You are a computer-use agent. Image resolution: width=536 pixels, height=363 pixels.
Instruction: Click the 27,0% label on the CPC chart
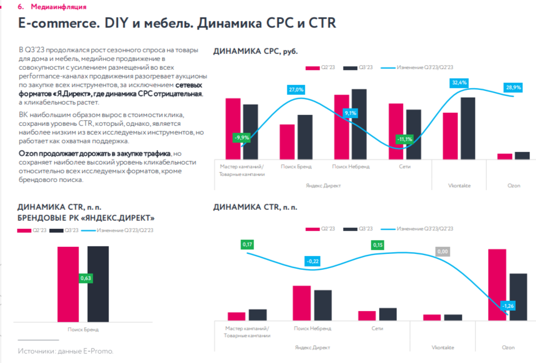(296, 89)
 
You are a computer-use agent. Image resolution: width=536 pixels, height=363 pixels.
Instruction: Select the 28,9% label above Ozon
(513, 87)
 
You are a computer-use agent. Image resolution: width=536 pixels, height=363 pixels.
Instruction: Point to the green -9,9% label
(241, 138)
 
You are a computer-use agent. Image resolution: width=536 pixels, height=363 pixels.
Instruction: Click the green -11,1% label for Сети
(405, 139)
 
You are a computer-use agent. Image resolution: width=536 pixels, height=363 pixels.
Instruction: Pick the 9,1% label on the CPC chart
(350, 113)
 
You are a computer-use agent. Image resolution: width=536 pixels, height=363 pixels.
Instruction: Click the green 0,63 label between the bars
(86, 279)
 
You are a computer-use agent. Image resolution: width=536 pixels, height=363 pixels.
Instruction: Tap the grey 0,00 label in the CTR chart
(443, 252)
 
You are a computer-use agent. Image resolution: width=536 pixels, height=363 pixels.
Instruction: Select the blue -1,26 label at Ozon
(508, 305)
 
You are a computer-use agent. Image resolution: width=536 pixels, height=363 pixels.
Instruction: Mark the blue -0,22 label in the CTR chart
(312, 262)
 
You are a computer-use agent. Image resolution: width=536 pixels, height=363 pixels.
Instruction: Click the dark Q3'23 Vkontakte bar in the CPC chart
(468, 129)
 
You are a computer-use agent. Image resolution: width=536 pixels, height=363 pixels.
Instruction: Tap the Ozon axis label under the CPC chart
(514, 186)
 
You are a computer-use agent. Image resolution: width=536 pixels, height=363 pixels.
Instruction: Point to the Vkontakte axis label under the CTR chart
(443, 347)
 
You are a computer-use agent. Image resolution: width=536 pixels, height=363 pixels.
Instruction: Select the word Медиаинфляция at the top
(58, 7)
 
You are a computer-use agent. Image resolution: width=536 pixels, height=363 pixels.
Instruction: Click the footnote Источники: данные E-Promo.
(65, 351)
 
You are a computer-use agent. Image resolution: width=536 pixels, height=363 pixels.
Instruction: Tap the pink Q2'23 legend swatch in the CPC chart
(311, 68)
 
